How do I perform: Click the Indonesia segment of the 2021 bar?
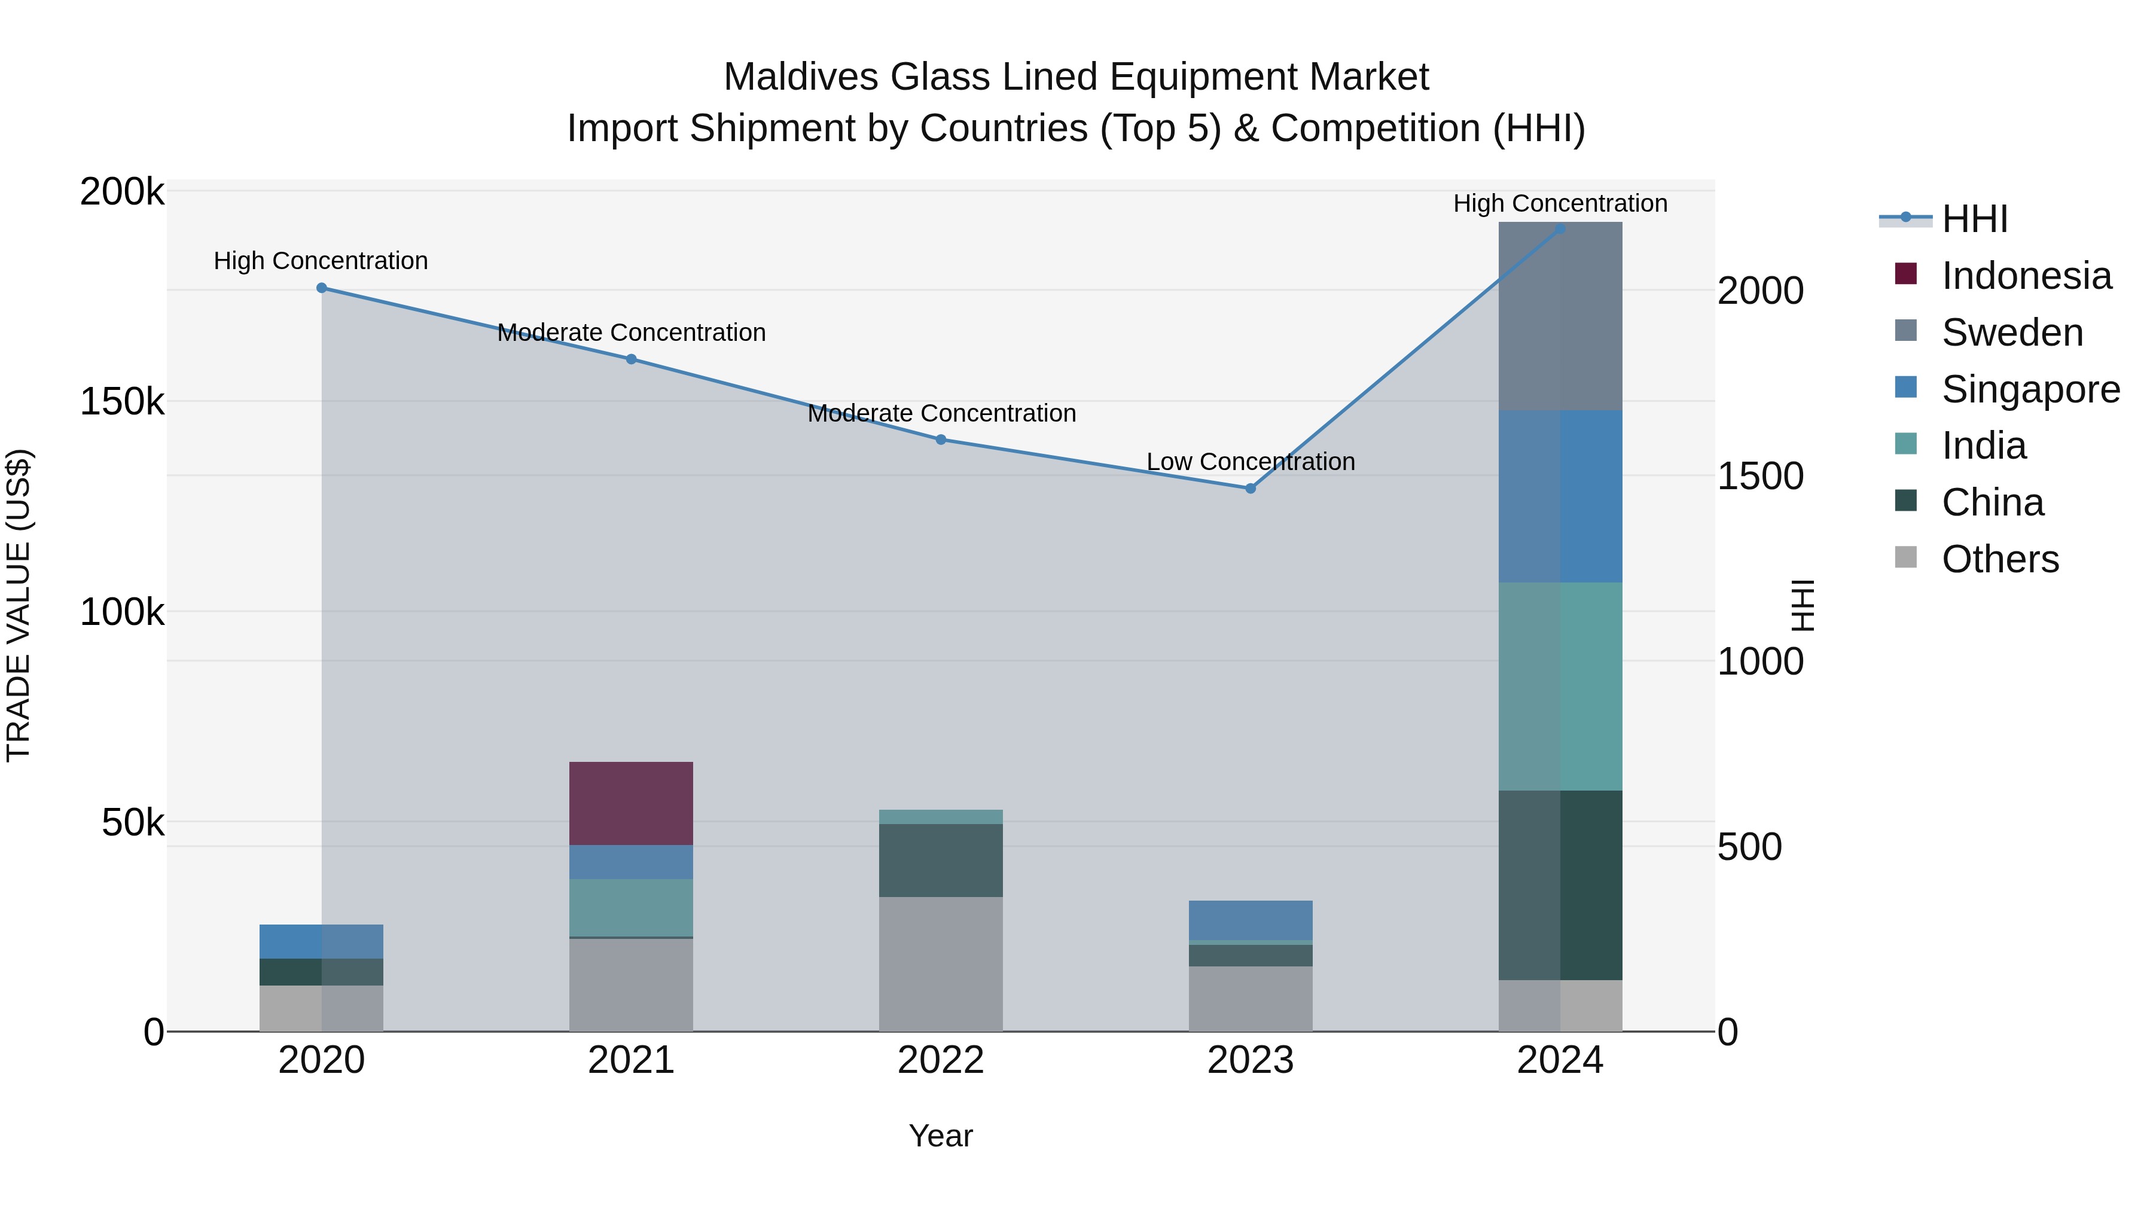(x=631, y=803)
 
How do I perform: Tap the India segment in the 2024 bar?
(x=1560, y=686)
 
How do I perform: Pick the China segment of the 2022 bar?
(x=940, y=860)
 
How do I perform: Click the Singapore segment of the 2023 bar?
(x=1251, y=920)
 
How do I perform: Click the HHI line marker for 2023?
(x=1251, y=488)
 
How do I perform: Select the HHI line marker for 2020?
(x=322, y=288)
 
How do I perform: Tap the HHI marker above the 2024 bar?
(x=1560, y=228)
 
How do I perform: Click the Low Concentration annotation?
(x=1251, y=461)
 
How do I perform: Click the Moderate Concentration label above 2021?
(x=631, y=333)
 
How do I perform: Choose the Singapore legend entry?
(x=2030, y=389)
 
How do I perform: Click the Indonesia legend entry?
(x=2026, y=276)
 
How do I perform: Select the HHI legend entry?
(x=1974, y=219)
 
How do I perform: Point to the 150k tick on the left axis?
(x=122, y=402)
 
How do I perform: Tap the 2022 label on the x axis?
(x=940, y=1060)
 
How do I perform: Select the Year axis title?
(x=940, y=1136)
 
